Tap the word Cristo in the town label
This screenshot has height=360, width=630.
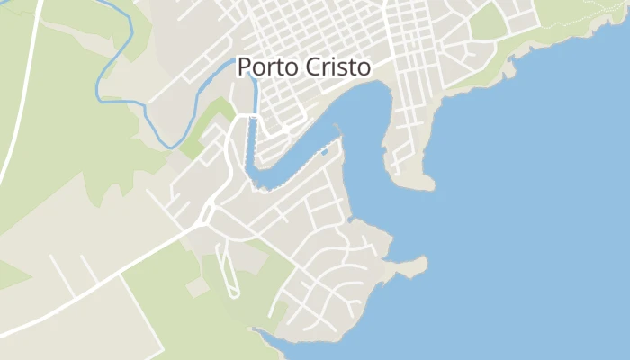[340, 68]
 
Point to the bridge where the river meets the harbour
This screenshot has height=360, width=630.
[254, 116]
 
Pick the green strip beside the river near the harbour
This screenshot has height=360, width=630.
[207, 126]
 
